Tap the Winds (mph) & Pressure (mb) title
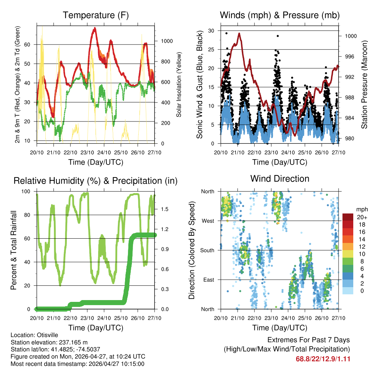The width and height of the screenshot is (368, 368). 280,15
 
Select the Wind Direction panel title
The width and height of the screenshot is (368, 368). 280,179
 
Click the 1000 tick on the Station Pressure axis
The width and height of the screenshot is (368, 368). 350,36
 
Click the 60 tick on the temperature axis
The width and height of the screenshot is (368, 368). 31,45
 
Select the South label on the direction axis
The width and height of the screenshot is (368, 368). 207,250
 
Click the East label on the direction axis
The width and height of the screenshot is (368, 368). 208,280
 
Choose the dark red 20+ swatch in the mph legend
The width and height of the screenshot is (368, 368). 348,217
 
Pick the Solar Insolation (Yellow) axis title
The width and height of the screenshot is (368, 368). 179,85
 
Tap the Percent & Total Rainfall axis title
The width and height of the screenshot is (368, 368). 14,250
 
